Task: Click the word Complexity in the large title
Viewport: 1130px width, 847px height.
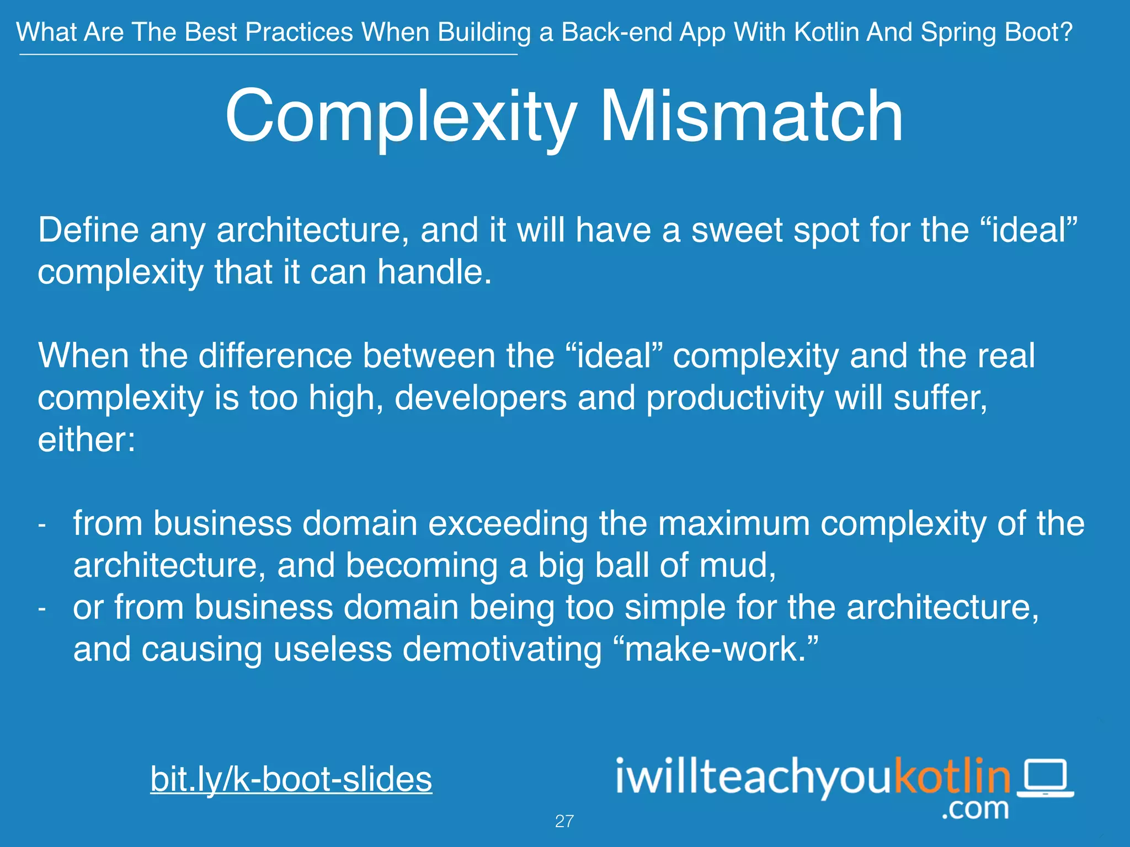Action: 401,117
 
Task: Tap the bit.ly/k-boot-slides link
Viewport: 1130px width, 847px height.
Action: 291,779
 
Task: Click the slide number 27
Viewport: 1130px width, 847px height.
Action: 564,821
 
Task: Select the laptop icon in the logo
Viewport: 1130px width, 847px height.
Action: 1045,779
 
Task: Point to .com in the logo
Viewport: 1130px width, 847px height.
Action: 975,809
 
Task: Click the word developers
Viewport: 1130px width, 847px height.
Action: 481,398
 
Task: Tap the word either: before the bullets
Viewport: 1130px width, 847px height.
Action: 87,440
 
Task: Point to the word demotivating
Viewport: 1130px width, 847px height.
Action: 502,649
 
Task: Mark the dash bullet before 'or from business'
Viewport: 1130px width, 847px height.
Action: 42,609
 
